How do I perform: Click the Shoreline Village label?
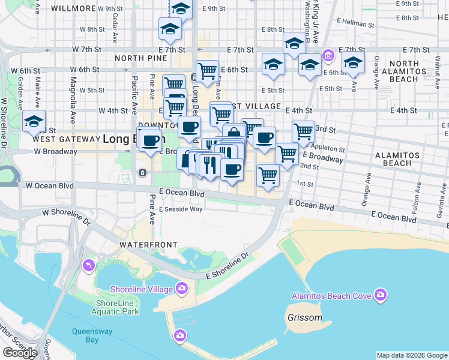pos(141,289)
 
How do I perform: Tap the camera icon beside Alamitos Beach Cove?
pos(380,295)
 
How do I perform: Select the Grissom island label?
pos(304,317)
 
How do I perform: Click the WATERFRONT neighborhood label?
pos(148,245)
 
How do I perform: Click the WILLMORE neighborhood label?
pos(74,8)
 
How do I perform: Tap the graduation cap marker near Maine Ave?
pos(34,121)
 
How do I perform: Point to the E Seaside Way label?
pos(181,209)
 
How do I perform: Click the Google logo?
pos(20,353)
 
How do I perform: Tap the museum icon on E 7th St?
pos(328,56)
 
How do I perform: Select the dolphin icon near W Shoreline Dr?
pos(89,265)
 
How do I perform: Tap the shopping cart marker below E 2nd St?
pos(268,175)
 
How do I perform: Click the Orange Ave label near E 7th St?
pos(377,69)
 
